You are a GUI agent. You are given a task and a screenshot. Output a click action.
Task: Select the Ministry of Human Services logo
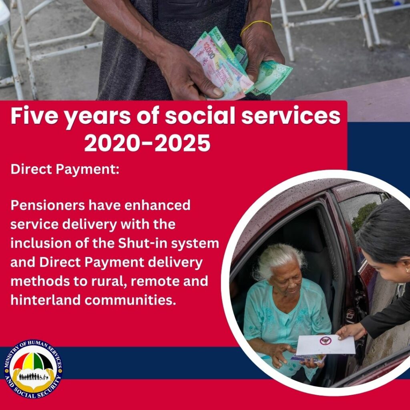(x=33, y=369)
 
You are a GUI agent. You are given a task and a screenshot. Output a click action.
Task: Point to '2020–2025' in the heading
(x=147, y=143)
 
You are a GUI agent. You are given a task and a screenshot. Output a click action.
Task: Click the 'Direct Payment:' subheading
(x=65, y=169)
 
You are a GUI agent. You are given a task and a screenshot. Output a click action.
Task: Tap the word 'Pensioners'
(x=48, y=205)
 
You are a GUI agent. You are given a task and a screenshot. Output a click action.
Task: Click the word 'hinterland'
(x=46, y=300)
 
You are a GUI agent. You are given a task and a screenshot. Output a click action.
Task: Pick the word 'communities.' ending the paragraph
(x=130, y=300)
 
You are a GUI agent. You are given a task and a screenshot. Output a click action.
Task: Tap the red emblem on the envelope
(x=326, y=341)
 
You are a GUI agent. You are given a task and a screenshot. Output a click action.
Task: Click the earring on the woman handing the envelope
(x=407, y=269)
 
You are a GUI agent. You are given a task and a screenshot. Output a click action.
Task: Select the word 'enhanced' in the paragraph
(x=157, y=205)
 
